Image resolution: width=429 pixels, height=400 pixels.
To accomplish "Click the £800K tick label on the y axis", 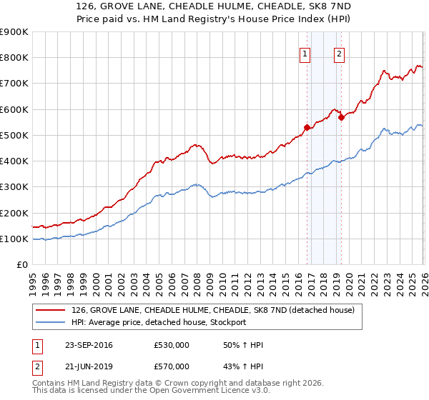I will point(14,58).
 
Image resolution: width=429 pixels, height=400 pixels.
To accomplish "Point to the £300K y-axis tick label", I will point(14,187).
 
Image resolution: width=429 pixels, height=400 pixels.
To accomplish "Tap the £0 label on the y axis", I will point(22,265).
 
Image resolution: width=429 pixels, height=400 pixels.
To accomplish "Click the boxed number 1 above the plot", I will point(305,52).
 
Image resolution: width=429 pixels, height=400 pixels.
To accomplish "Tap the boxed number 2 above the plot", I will point(338,52).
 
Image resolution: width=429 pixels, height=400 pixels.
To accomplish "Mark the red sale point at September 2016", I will point(307,128).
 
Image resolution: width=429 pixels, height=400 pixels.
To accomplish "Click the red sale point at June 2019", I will point(341,118).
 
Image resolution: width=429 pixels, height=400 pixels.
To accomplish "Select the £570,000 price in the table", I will point(172,366).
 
